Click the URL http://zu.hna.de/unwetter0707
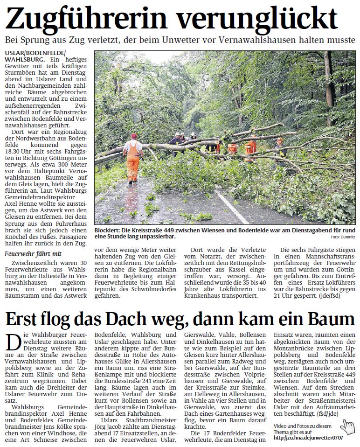tap(308, 437)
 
